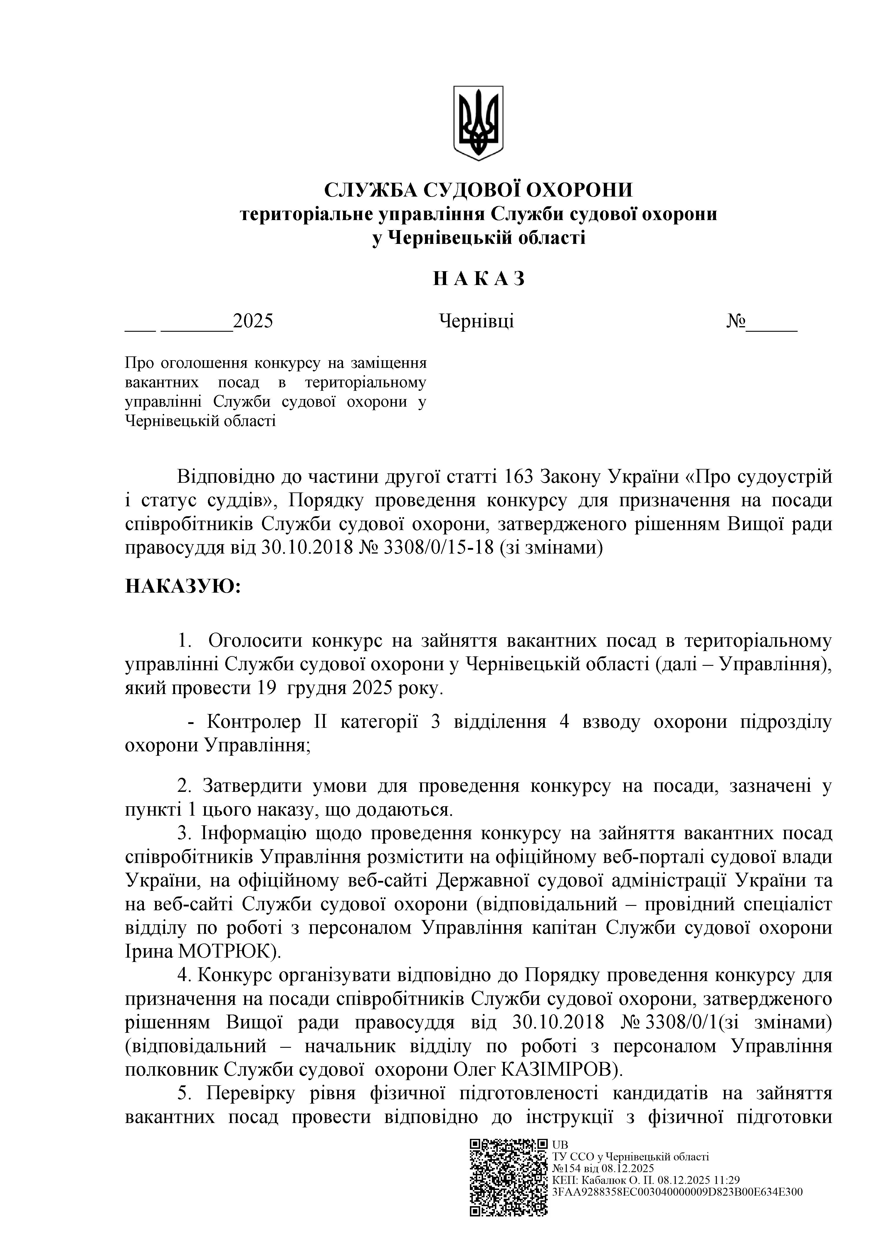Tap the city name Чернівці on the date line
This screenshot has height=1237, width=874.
coord(477,321)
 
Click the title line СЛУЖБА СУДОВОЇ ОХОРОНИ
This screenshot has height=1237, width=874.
coord(478,190)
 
